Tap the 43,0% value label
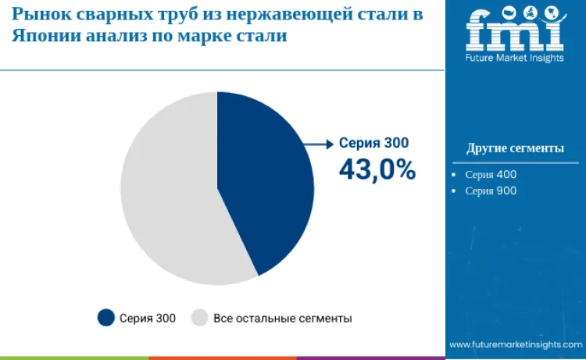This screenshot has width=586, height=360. click(x=377, y=169)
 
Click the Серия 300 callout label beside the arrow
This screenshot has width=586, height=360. click(x=373, y=143)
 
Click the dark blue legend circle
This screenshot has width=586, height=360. click(x=105, y=318)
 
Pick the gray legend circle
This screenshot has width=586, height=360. click(x=200, y=318)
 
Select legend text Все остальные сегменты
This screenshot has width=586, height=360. click(x=282, y=318)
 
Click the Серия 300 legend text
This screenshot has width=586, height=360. click(x=148, y=318)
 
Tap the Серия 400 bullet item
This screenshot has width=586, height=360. click(x=491, y=175)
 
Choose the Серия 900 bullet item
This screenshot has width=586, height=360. click(x=491, y=191)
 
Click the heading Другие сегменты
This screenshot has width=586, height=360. click(x=515, y=148)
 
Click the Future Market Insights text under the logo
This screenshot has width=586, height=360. click(x=515, y=59)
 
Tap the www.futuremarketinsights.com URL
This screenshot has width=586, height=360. click(x=516, y=344)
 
